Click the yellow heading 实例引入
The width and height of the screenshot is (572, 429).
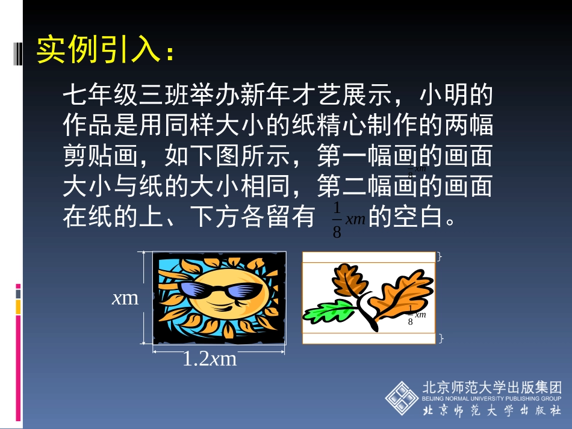(99, 50)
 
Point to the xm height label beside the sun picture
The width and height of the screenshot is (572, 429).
(125, 298)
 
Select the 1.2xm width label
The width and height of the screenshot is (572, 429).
(210, 359)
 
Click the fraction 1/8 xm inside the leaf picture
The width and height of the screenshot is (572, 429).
(416, 315)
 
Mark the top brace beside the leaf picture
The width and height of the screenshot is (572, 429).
(440, 257)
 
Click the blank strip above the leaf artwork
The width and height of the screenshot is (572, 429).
(368, 258)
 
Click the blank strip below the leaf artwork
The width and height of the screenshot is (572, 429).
(368, 339)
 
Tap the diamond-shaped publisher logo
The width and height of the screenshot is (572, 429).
(402, 398)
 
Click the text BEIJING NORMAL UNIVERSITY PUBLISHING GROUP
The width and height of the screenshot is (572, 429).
(492, 398)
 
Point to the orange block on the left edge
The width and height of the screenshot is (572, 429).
(18, 307)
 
